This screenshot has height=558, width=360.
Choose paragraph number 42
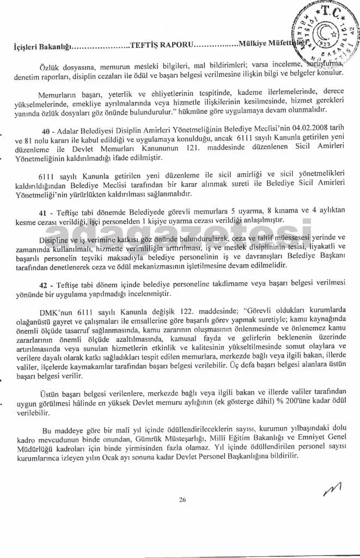click(x=46, y=286)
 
